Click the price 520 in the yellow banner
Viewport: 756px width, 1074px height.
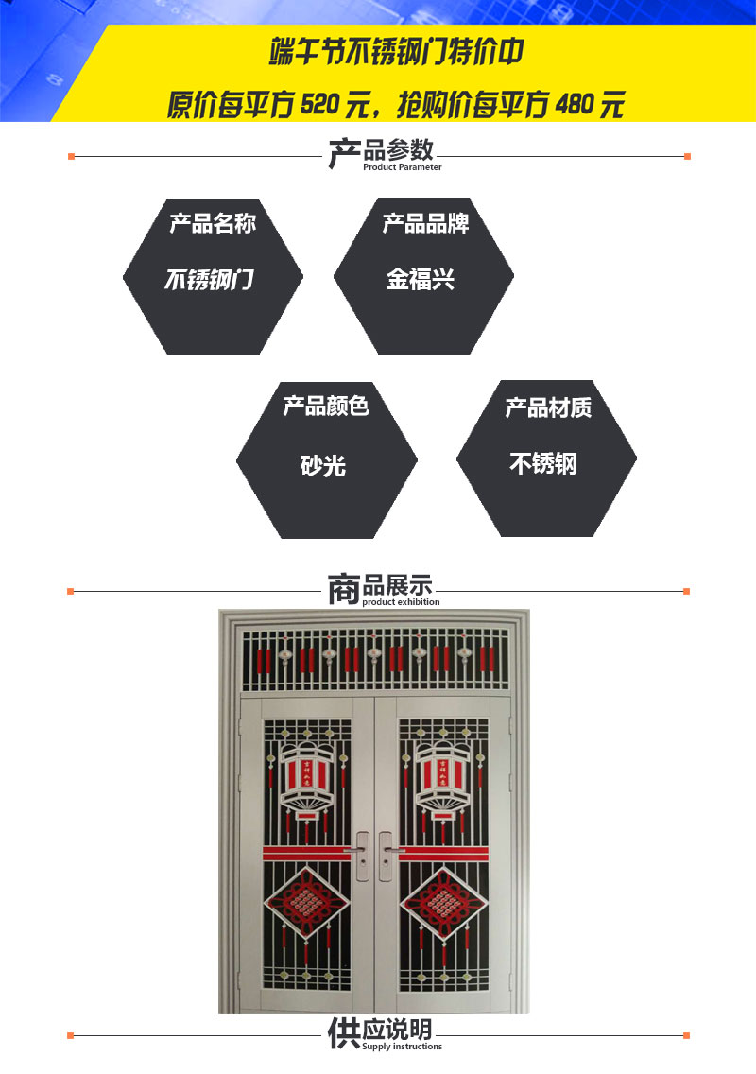[319, 104]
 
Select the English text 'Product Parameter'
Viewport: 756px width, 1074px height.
[402, 167]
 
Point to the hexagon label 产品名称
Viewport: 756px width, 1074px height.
[213, 224]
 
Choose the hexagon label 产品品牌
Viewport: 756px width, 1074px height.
[425, 224]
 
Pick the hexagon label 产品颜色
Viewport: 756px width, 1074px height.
[326, 407]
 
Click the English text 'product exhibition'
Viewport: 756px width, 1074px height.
[401, 602]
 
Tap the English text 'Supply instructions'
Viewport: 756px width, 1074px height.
[402, 1047]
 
